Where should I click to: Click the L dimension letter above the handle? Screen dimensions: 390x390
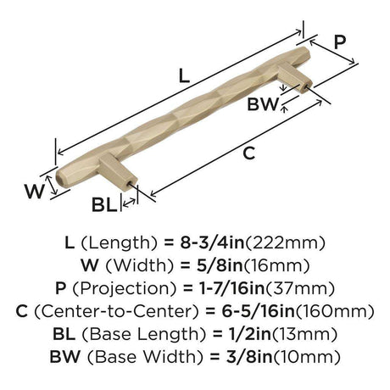point(184,76)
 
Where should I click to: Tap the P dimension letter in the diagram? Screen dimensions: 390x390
point(340,42)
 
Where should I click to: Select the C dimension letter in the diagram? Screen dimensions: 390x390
point(249,153)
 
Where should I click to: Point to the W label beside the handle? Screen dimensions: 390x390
point(35,192)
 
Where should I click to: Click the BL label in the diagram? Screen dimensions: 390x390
point(104,204)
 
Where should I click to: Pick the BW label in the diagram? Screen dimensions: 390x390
point(263,104)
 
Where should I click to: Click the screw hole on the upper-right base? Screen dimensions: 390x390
point(305,86)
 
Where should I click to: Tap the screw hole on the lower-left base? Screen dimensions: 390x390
point(131,183)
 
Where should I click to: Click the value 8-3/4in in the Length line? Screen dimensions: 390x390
point(212,242)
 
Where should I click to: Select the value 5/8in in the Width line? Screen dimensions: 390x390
point(220,265)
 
